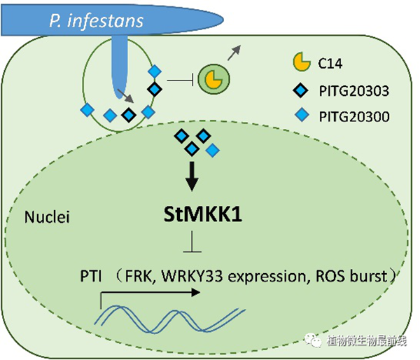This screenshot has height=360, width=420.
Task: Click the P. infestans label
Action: (96, 20)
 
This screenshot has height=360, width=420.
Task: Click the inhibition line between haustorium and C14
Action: (181, 81)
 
